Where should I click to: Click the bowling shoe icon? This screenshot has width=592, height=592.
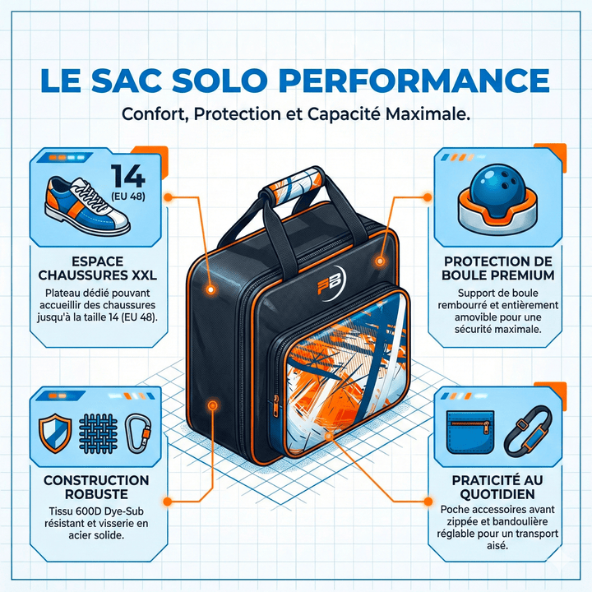pyautogui.click(x=87, y=205)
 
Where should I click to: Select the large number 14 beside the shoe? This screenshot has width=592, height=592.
pyautogui.click(x=128, y=176)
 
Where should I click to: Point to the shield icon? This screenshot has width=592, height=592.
pyautogui.click(x=55, y=433)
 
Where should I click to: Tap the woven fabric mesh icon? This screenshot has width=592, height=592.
pyautogui.click(x=98, y=433)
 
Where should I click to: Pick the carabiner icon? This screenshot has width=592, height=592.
pyautogui.click(x=138, y=433)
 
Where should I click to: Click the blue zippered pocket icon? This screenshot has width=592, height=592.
pyautogui.click(x=470, y=432)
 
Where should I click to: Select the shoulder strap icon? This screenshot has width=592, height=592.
pyautogui.click(x=528, y=431)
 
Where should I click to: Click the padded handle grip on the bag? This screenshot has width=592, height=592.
pyautogui.click(x=290, y=187)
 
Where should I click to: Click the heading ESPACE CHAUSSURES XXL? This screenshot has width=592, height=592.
pyautogui.click(x=97, y=268)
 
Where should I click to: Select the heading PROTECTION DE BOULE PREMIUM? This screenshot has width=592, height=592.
pyautogui.click(x=498, y=268)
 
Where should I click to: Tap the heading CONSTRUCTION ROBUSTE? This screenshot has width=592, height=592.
pyautogui.click(x=96, y=487)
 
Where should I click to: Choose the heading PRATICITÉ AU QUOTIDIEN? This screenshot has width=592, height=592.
pyautogui.click(x=497, y=487)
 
